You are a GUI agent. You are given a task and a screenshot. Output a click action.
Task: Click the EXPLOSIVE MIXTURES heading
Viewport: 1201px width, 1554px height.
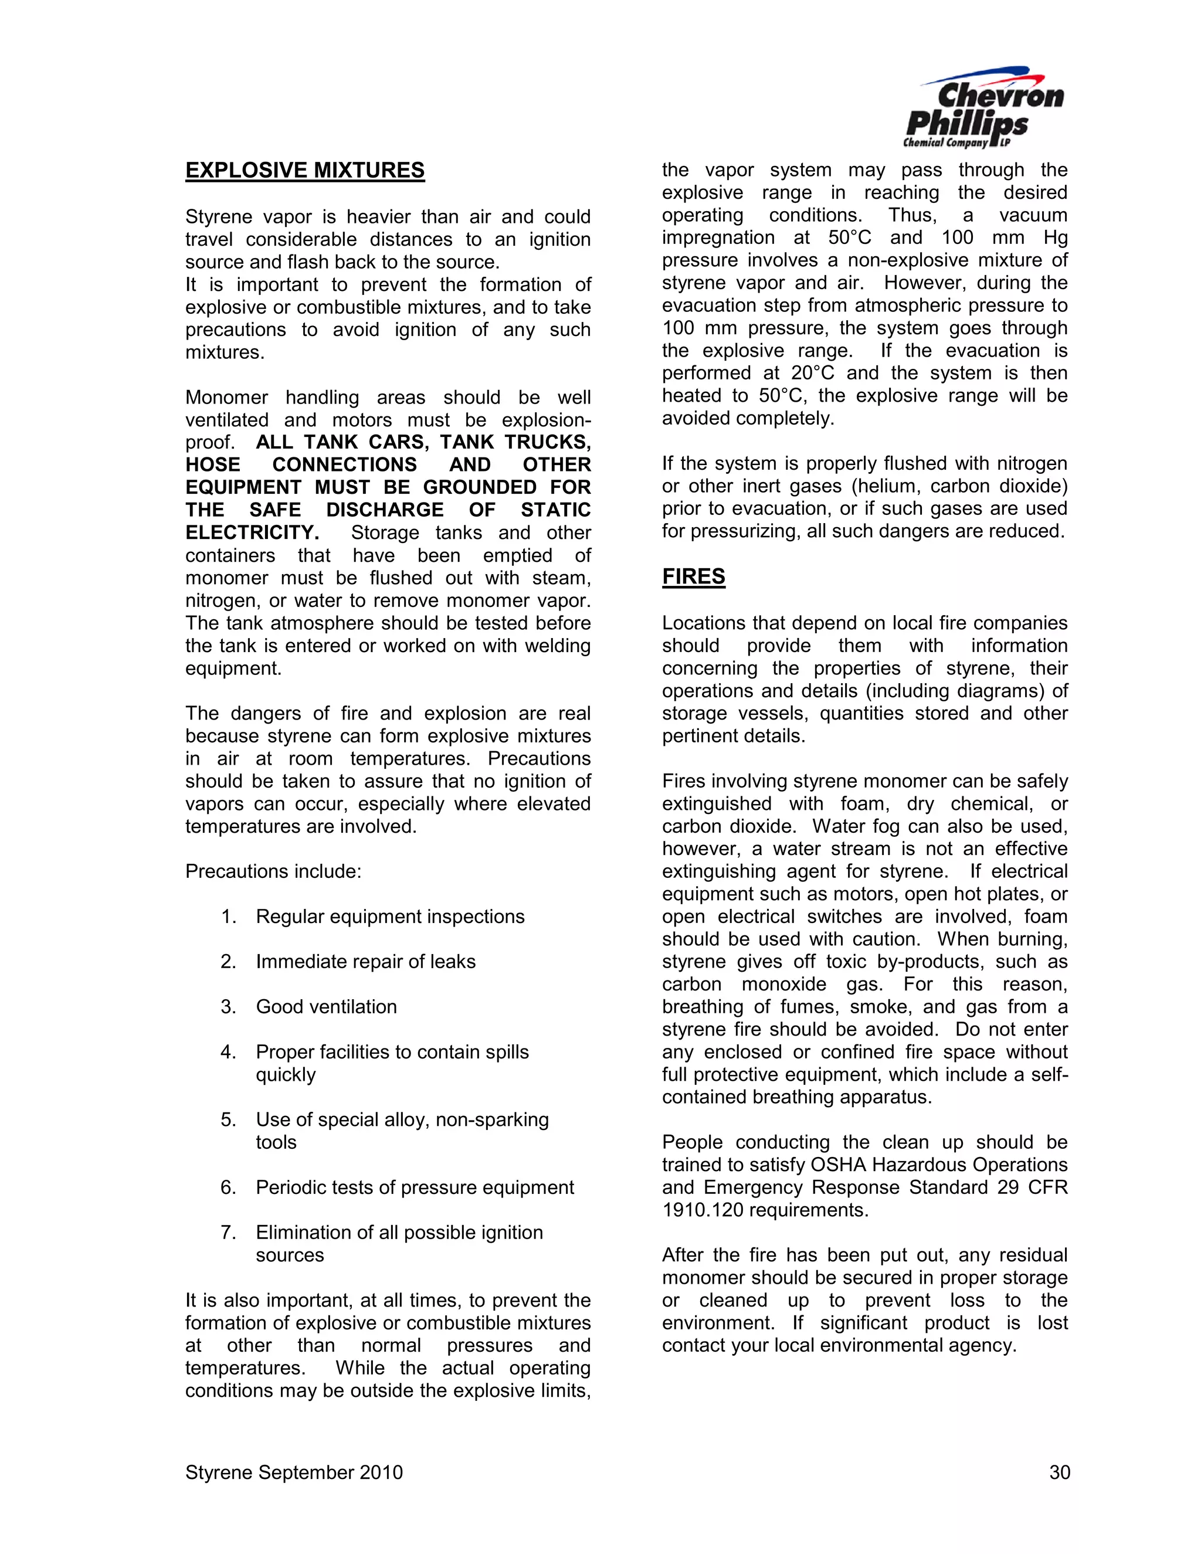coord(304,171)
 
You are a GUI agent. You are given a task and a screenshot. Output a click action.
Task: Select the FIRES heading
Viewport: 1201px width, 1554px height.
coord(693,576)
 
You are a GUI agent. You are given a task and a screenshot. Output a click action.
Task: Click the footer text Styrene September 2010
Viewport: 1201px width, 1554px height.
coord(294,1472)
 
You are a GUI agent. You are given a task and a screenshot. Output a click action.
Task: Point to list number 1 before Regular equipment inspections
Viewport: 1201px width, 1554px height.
coord(228,917)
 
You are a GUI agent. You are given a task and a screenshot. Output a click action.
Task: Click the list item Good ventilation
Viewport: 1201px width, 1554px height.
coord(326,1007)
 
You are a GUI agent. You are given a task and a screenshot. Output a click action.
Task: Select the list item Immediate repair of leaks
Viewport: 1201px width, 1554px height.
coord(365,962)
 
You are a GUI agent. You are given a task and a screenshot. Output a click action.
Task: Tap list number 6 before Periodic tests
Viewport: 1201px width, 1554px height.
coord(228,1187)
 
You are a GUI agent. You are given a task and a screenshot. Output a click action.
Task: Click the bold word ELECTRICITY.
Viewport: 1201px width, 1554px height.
coord(252,532)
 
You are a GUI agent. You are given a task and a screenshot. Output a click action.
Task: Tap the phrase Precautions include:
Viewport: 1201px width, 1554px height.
coord(273,871)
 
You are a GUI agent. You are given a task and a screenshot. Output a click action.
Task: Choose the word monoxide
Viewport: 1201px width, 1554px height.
coord(783,984)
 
